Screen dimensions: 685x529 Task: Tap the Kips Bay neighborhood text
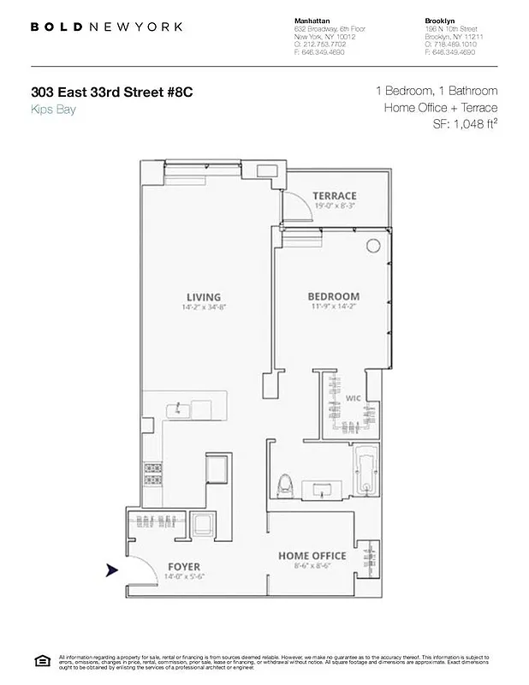53,110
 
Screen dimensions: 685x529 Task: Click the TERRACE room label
335,196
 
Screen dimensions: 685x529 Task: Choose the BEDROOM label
333,297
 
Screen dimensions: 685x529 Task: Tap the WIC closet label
354,398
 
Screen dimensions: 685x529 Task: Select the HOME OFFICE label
312,557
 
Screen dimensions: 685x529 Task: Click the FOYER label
184,567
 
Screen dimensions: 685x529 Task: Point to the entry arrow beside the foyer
112,570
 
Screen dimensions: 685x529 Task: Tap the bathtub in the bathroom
366,472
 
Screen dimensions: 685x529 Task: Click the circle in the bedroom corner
373,246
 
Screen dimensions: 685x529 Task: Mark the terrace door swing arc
295,208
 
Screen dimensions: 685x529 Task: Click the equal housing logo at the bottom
40,659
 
